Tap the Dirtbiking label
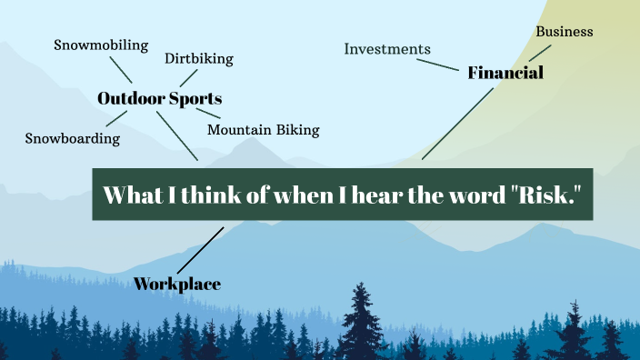198,59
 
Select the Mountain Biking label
263,130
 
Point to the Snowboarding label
72,139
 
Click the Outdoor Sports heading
159,98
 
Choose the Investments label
387,49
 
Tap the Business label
564,32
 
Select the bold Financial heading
505,73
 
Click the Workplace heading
177,285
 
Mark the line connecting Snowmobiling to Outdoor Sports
121,69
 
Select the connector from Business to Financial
540,51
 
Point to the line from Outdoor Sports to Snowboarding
116,117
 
